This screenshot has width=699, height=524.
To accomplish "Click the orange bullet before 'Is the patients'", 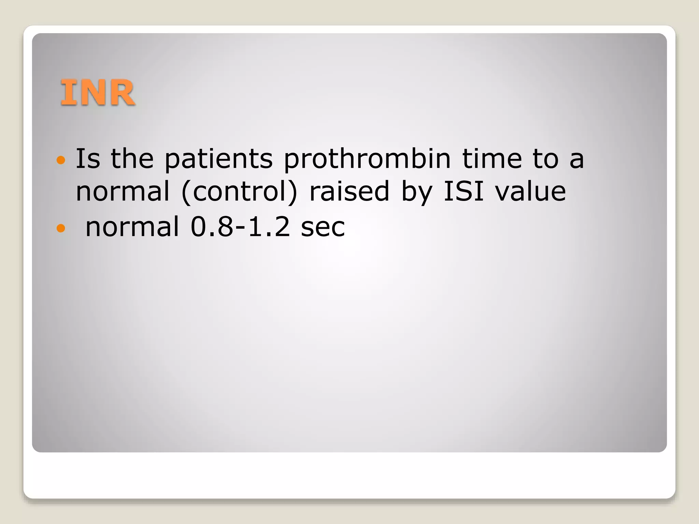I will tap(60, 160).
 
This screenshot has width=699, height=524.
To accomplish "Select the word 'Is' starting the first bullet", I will tap(87, 159).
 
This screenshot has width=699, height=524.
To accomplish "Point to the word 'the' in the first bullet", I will tap(132, 159).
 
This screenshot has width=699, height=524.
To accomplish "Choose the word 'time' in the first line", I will tap(492, 159).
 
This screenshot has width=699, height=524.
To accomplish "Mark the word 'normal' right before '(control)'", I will tap(123, 191).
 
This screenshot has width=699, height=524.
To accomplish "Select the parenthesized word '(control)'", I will tap(239, 192).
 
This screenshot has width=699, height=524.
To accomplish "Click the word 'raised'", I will tap(349, 191).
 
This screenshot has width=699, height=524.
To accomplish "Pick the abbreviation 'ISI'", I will tap(463, 191).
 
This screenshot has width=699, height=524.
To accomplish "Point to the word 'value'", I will tap(530, 191).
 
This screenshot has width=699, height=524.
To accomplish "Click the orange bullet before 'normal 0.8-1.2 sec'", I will tap(60, 228).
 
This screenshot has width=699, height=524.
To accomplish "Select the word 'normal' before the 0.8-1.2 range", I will tap(132, 227).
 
